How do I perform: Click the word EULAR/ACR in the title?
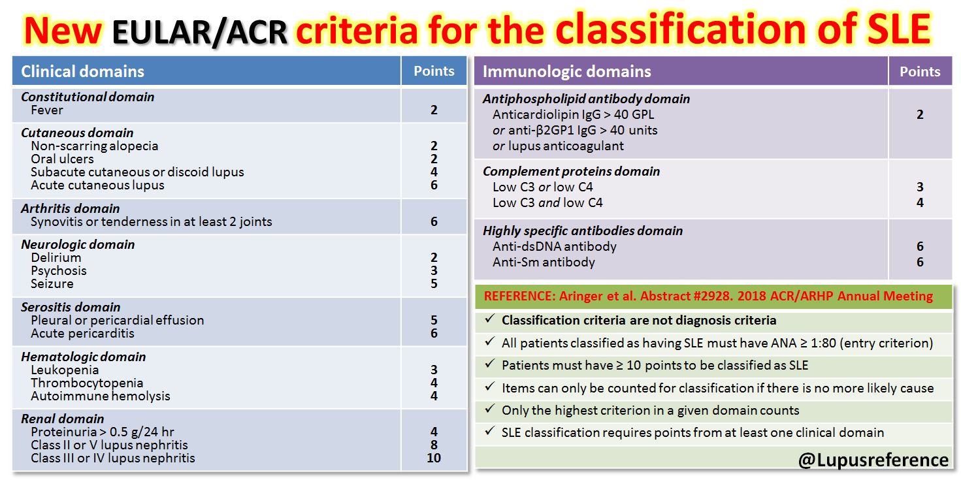(x=199, y=30)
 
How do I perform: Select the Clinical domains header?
(x=82, y=71)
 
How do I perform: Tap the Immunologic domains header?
(x=566, y=71)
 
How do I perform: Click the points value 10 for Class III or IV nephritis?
(x=434, y=458)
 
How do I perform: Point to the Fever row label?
(x=47, y=110)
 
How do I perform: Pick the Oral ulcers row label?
(x=62, y=159)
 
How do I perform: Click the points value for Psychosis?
(x=434, y=270)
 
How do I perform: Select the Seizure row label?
(x=52, y=283)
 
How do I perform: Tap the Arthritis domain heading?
(x=71, y=208)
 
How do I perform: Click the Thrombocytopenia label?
(x=87, y=383)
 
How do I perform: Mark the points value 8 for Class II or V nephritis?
(x=434, y=445)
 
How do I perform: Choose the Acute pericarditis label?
(x=82, y=333)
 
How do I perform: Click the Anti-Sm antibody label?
(x=544, y=262)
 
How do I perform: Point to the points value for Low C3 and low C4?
(x=920, y=202)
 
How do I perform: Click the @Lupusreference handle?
(x=873, y=459)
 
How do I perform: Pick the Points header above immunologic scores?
(x=920, y=71)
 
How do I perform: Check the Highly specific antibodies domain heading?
(x=583, y=231)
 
